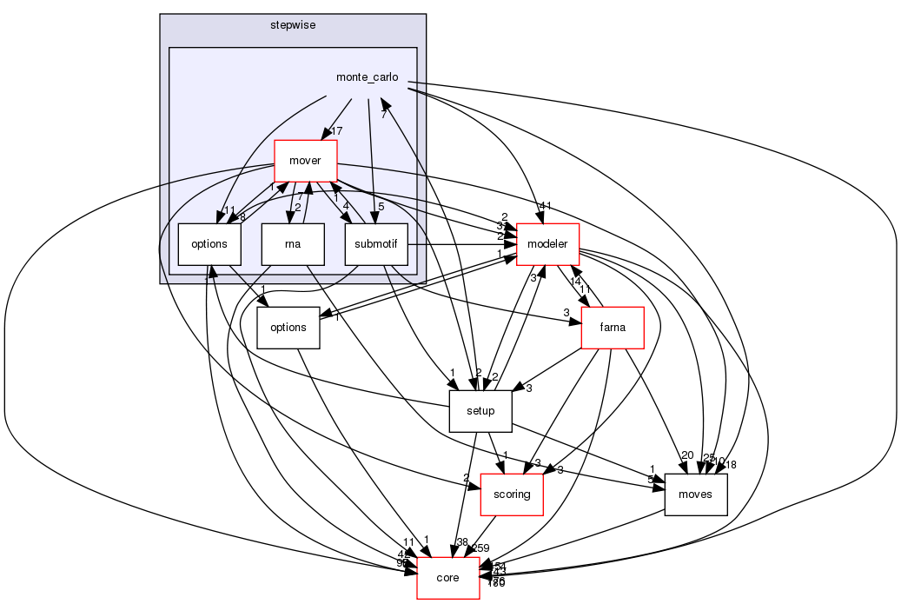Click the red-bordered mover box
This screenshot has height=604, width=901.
[x=306, y=161]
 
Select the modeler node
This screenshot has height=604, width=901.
[x=548, y=244]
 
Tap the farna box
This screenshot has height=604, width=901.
[x=613, y=328]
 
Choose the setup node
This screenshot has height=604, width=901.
[x=480, y=411]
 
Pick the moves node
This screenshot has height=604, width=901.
[x=695, y=494]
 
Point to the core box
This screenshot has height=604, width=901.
[x=448, y=578]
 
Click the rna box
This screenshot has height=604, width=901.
[x=293, y=244]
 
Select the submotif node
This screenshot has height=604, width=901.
[x=376, y=244]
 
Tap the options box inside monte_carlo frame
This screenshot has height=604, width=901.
[x=209, y=244]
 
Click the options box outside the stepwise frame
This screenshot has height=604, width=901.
[x=288, y=328]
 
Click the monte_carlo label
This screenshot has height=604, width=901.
[x=367, y=77]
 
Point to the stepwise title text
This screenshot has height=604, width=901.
[x=292, y=25]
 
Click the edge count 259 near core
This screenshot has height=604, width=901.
[x=480, y=548]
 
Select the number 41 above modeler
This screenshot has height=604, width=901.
[x=546, y=206]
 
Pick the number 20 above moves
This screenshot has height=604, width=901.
[x=687, y=455]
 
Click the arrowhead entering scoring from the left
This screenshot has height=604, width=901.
[x=474, y=487]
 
